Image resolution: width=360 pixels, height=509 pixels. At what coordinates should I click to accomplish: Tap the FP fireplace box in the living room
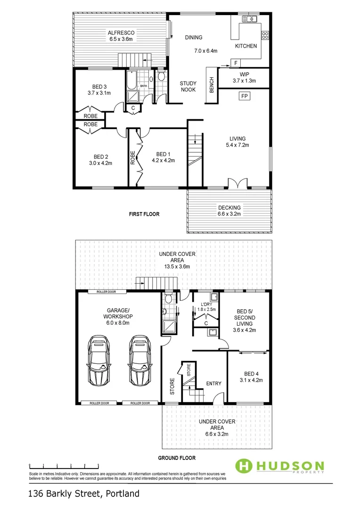(x=244, y=96)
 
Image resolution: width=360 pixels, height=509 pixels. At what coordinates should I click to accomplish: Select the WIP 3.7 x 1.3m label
(x=244, y=78)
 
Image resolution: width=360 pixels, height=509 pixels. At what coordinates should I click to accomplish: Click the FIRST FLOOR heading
(x=144, y=214)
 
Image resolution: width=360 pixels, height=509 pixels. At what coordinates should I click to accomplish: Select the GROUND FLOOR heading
(x=177, y=458)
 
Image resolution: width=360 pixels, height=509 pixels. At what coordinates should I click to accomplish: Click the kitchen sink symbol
(x=248, y=19)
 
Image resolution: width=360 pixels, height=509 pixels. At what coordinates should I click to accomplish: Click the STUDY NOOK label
(x=188, y=87)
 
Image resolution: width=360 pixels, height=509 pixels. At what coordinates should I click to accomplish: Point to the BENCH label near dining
(x=212, y=85)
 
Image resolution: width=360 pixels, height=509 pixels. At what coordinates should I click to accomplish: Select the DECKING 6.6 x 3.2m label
(x=229, y=211)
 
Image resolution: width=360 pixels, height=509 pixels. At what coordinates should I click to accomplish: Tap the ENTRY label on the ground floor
(x=213, y=383)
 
